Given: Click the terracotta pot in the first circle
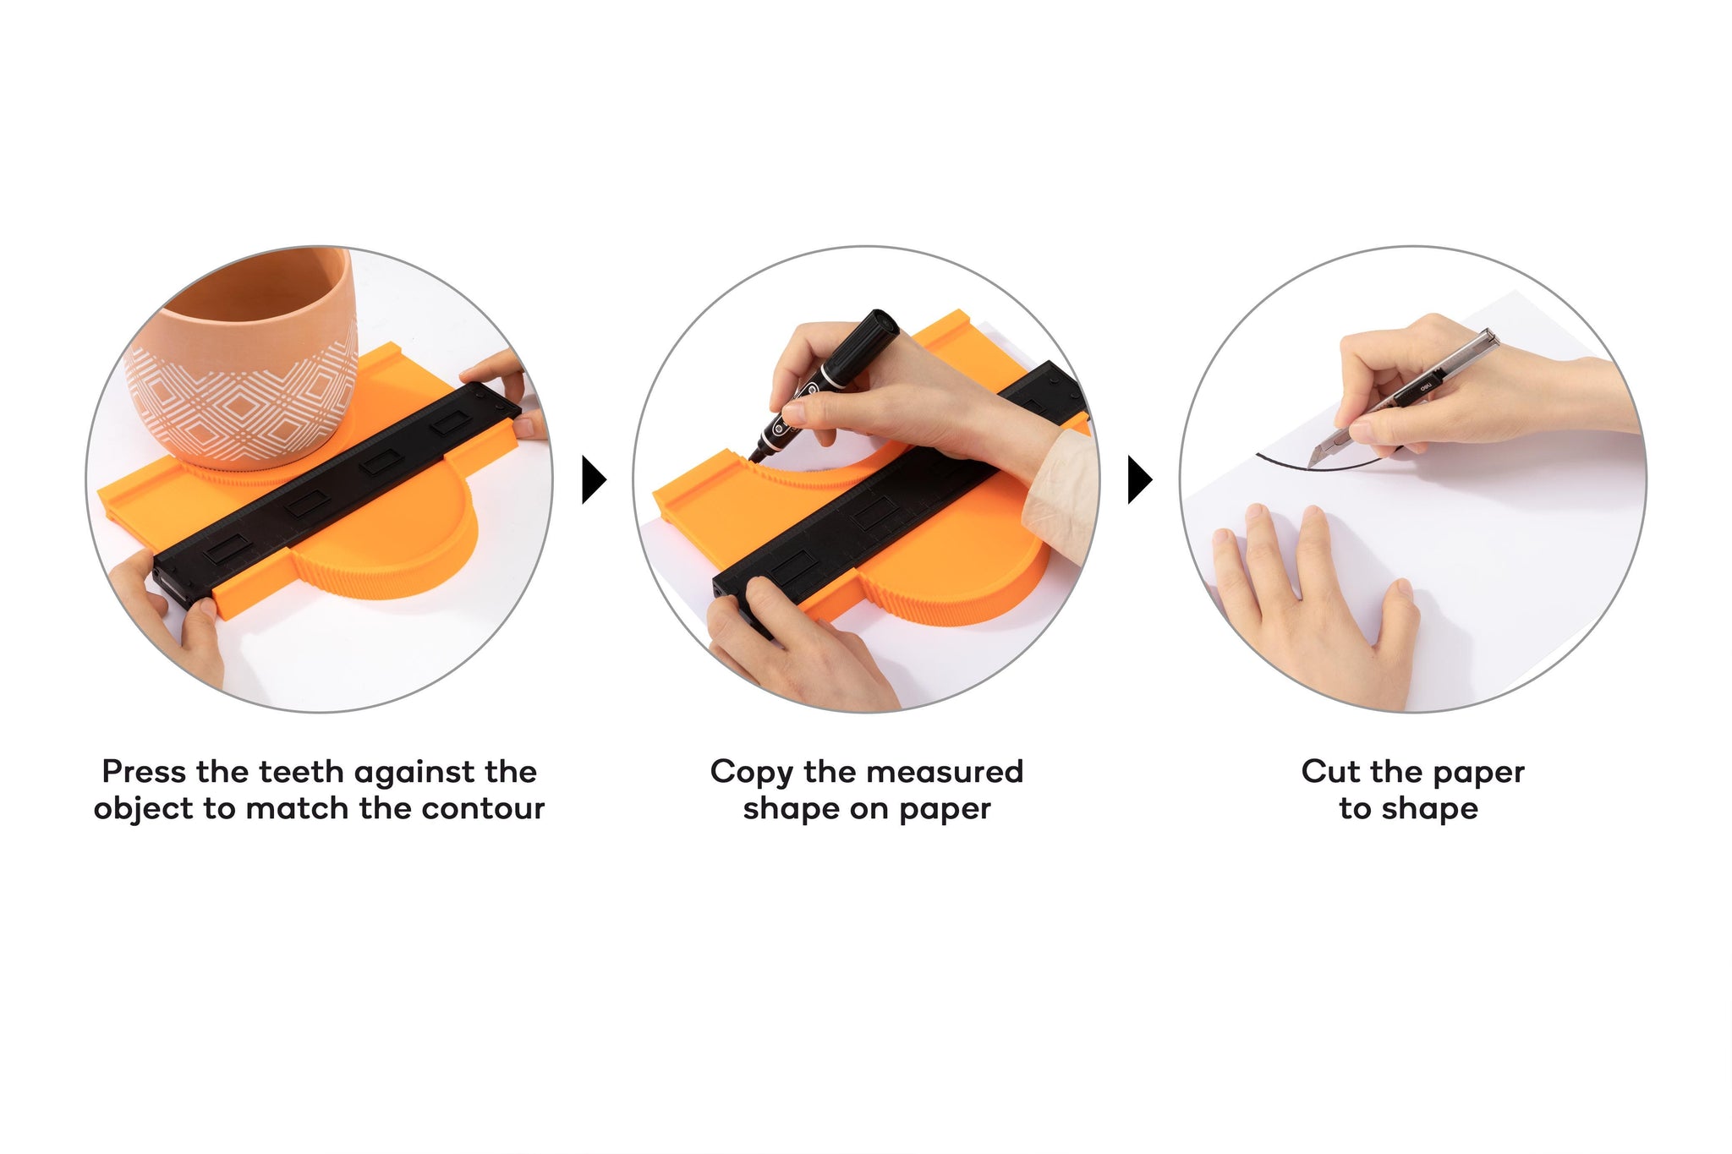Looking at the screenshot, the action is [x=241, y=355].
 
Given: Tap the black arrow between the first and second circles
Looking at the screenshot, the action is [x=594, y=480].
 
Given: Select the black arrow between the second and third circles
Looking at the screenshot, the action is [x=1140, y=480].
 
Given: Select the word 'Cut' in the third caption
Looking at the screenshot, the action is [x=1331, y=772].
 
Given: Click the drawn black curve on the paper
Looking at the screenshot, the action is [x=1319, y=467].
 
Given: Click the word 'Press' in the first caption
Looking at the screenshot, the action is [x=144, y=772].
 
